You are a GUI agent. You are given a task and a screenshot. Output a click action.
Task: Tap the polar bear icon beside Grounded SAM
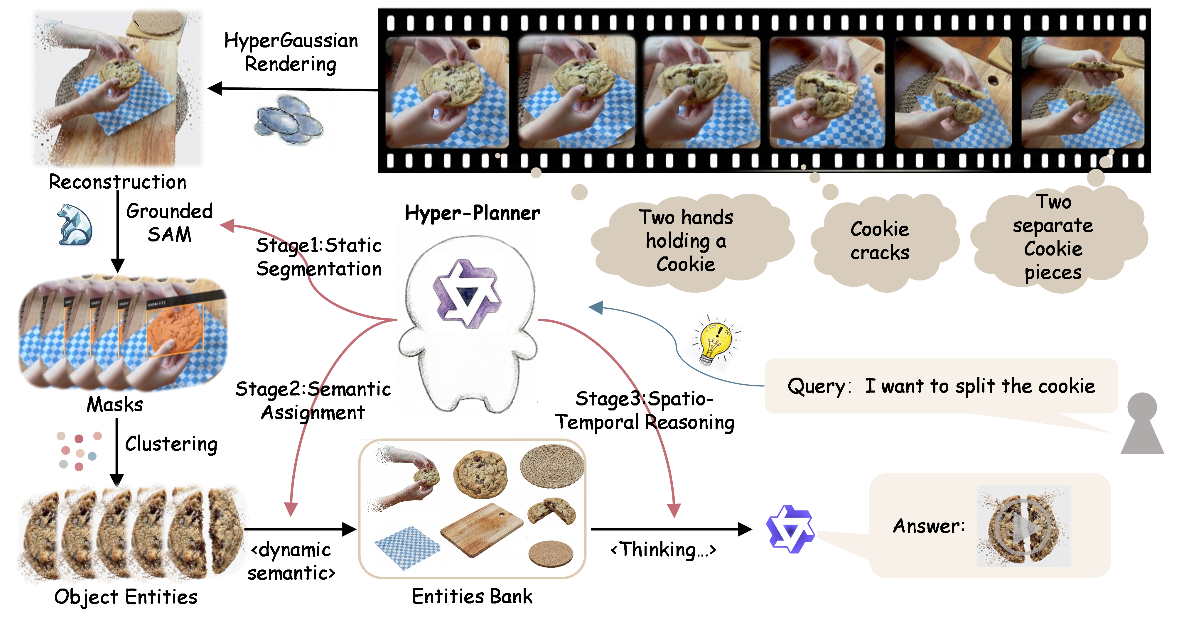[x=74, y=225]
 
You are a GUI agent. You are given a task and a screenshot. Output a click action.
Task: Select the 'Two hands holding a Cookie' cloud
[x=687, y=241]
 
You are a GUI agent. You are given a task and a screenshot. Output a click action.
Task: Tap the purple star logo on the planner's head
[x=467, y=293]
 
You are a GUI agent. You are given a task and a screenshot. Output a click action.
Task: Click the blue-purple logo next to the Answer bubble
[x=790, y=529]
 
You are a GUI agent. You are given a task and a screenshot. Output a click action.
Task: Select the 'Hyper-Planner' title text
[x=472, y=213]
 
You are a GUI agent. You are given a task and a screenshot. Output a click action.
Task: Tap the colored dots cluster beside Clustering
[x=78, y=451]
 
